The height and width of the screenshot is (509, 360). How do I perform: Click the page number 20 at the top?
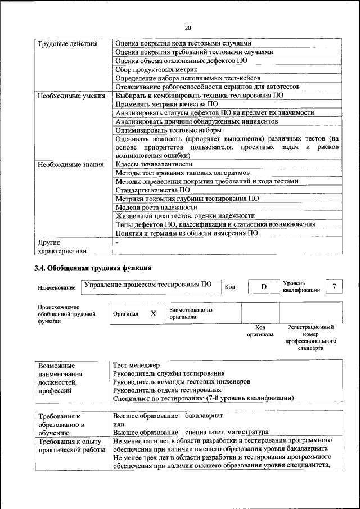tap(188, 27)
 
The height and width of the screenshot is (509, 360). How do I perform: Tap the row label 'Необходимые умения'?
tap(71, 96)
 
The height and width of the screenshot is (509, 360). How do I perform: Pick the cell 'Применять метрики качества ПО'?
tap(166, 105)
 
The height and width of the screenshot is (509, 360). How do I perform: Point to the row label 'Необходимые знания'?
tap(70, 165)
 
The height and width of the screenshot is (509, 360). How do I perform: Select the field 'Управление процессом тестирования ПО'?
tap(148, 285)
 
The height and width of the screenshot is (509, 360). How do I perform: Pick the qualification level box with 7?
tap(334, 286)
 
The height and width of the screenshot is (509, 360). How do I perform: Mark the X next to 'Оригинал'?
tap(152, 313)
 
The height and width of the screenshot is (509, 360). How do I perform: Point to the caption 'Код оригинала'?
tap(260, 331)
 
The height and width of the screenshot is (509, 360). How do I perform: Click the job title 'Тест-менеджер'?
tap(137, 365)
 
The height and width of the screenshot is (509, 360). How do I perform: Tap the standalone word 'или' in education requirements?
tap(119, 424)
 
